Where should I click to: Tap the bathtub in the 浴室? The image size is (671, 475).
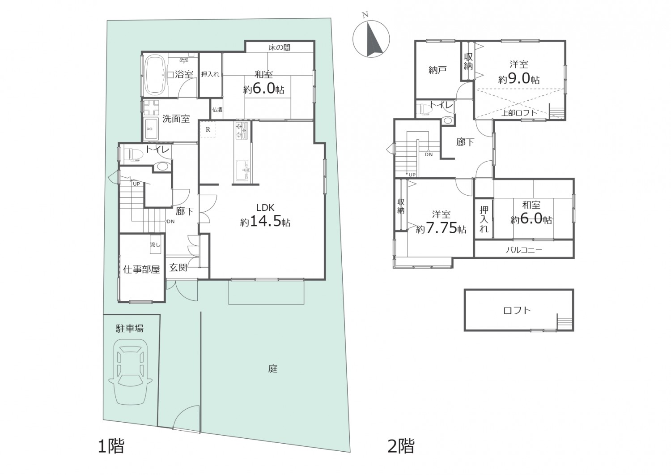click(155, 75)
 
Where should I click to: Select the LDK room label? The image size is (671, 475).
click(265, 207)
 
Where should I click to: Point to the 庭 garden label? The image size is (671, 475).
click(272, 368)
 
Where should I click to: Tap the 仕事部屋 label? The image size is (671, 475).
click(141, 270)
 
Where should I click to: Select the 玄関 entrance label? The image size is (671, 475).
click(178, 267)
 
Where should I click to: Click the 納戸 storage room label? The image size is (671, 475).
click(437, 70)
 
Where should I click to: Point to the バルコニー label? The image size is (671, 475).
click(524, 250)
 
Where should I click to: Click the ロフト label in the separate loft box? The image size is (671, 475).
click(517, 310)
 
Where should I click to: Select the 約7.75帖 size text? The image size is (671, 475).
click(441, 229)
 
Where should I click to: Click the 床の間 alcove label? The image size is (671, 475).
click(279, 47)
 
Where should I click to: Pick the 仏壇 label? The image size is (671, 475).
click(217, 110)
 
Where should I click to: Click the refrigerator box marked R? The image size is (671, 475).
click(208, 129)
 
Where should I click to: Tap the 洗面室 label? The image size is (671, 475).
click(176, 119)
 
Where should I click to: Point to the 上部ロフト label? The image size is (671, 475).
click(519, 113)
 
